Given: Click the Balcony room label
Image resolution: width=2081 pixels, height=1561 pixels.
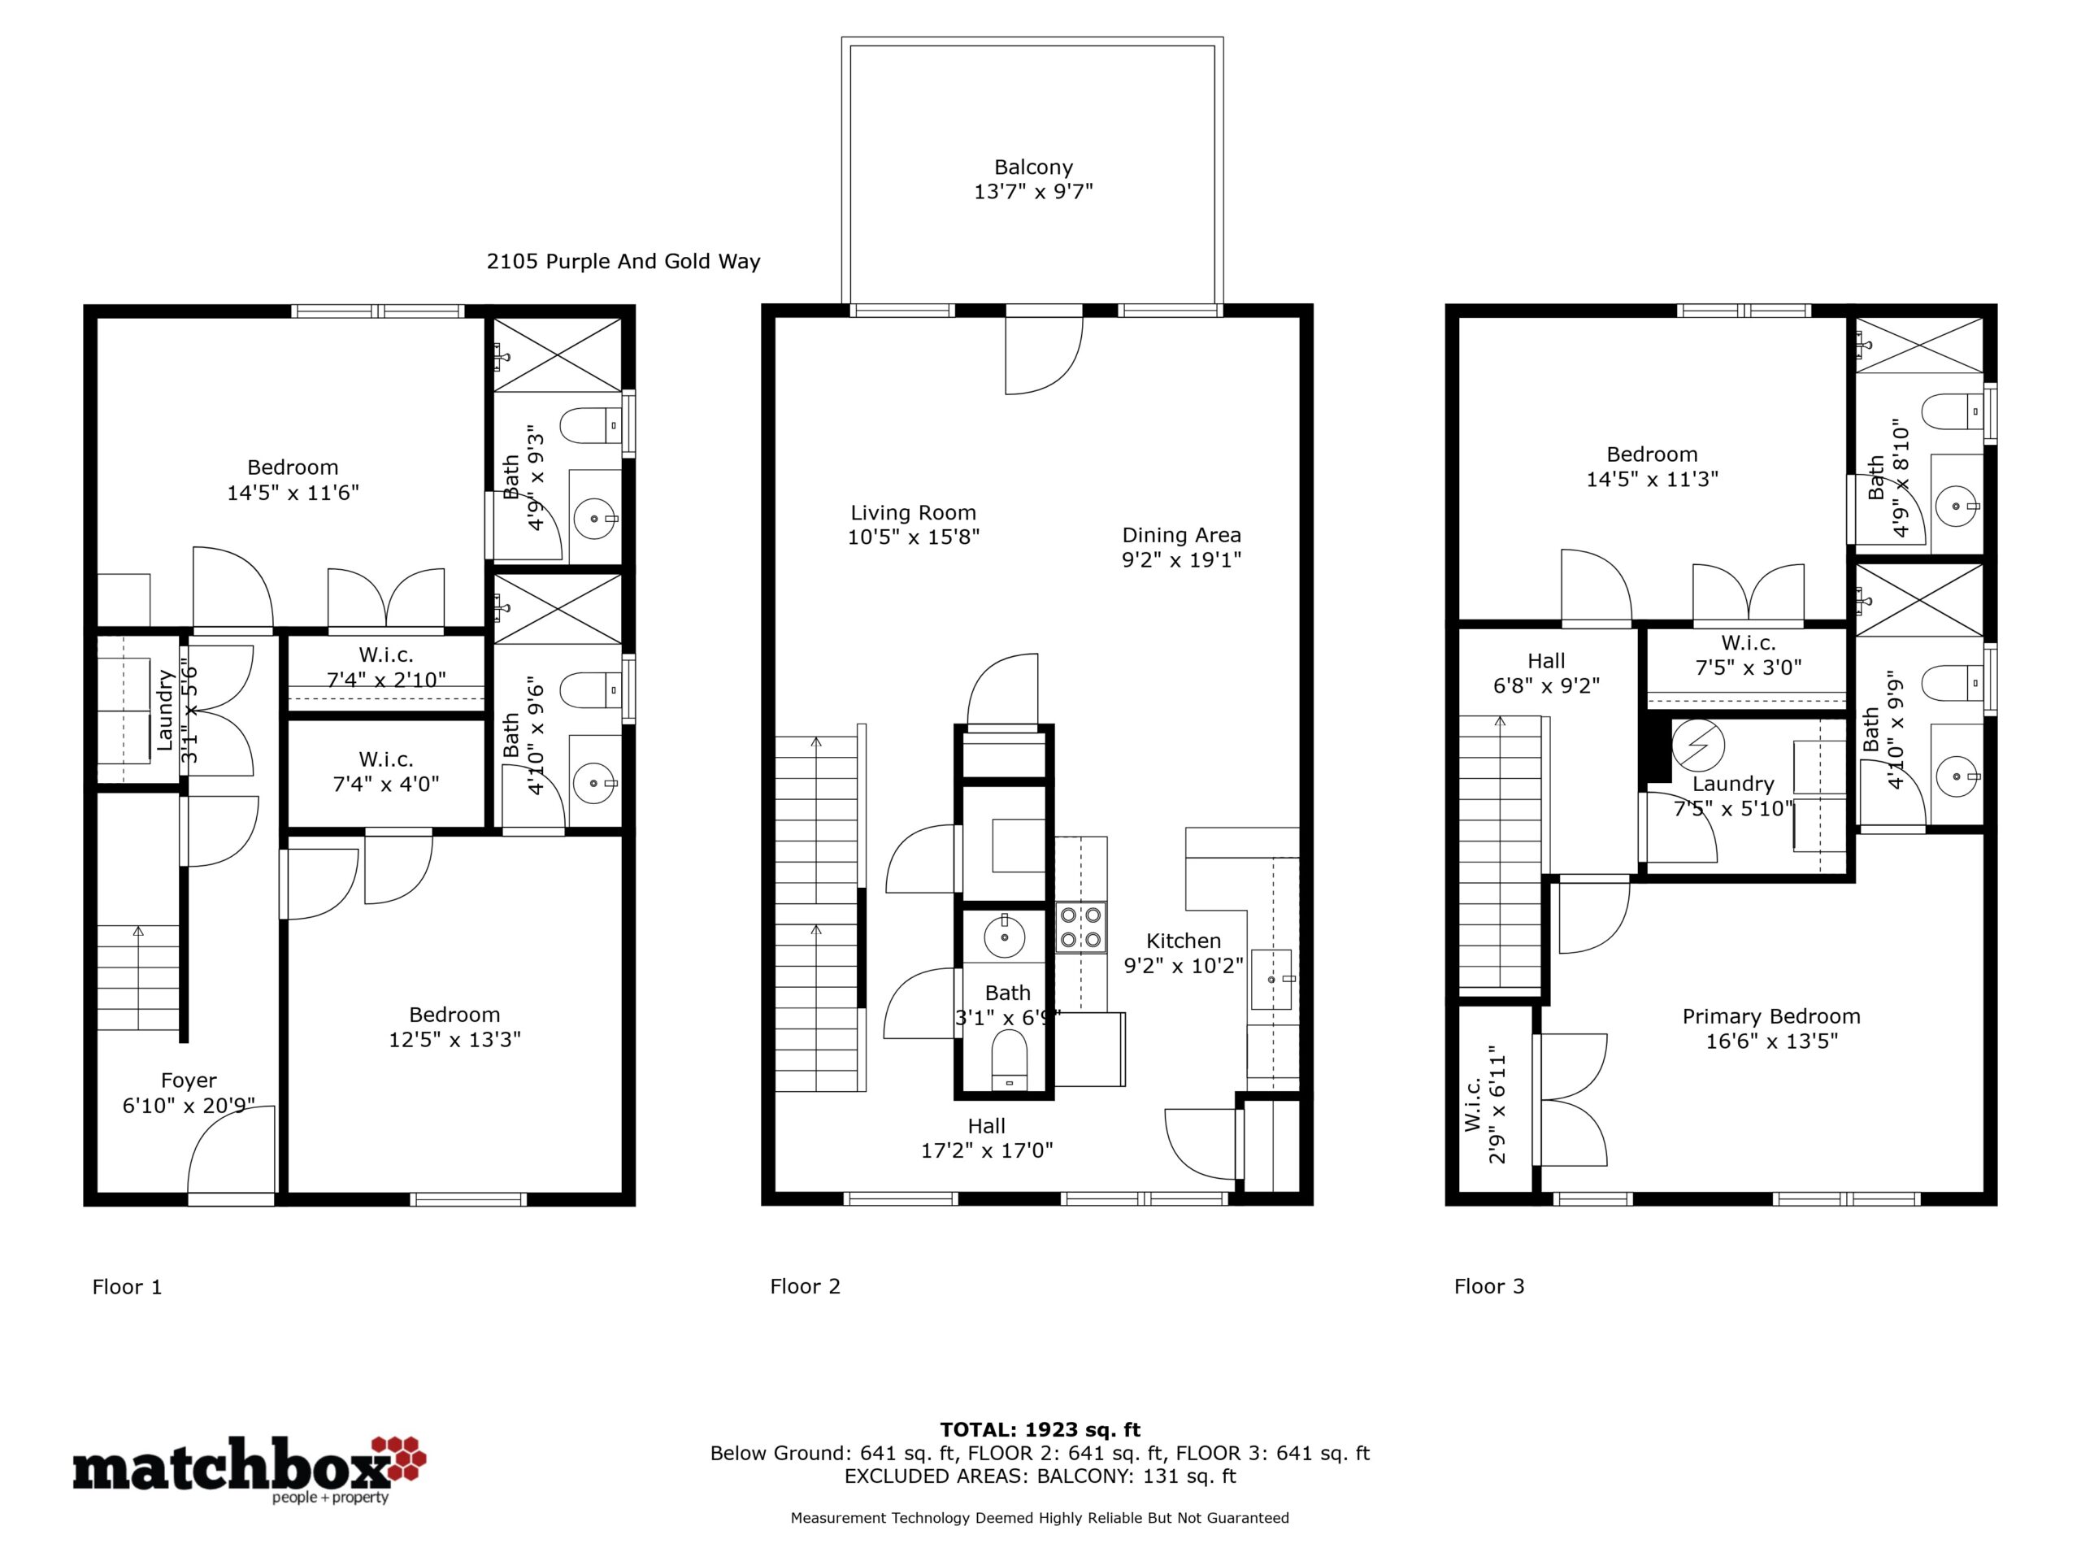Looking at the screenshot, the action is [x=1033, y=167].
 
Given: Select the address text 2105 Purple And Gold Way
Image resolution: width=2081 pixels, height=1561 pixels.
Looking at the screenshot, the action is [x=623, y=262].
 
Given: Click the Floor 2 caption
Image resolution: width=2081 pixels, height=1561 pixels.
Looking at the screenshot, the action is [x=806, y=1286].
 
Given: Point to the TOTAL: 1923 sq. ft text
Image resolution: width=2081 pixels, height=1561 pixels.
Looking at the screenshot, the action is [x=1040, y=1430].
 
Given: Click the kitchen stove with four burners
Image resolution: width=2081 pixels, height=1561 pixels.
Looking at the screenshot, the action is [x=1081, y=927].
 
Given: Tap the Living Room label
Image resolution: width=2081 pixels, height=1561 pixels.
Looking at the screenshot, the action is [x=914, y=513].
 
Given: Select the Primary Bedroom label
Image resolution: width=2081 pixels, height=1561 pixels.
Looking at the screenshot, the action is [x=1771, y=1016].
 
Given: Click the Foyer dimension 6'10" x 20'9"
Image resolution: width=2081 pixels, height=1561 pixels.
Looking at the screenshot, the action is [x=188, y=1106].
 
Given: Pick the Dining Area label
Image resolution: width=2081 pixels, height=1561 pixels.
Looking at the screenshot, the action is [x=1182, y=536].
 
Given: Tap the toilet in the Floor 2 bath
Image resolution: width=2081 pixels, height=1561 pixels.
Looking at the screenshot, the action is [x=1010, y=1059].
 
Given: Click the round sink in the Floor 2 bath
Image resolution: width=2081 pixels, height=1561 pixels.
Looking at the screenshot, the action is [x=1006, y=937].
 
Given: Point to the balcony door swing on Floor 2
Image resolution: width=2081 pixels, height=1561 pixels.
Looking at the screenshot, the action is [x=1045, y=355].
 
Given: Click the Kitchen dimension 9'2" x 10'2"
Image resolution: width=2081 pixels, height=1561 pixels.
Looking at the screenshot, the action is [x=1184, y=965].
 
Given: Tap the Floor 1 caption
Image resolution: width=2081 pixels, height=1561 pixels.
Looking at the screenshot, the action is [x=127, y=1286].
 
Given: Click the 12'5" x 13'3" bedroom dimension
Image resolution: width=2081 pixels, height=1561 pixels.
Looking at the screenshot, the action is [x=454, y=1040].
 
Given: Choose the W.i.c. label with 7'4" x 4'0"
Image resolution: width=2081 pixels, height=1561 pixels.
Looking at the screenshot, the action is [x=386, y=759].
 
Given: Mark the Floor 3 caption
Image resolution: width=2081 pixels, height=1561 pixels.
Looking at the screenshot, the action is [x=1489, y=1286].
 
